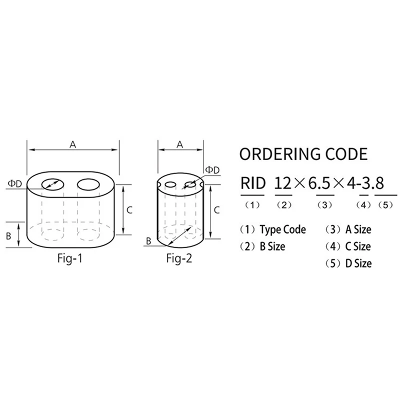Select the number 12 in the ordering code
283,183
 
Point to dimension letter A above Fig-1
72,144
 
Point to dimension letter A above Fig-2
180,144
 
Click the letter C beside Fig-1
129,210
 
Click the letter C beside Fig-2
217,210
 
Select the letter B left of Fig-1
9,235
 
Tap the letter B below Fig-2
149,241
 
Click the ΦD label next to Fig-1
15,183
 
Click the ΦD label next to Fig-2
212,170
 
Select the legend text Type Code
282,230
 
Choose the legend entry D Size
357,263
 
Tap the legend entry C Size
357,246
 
